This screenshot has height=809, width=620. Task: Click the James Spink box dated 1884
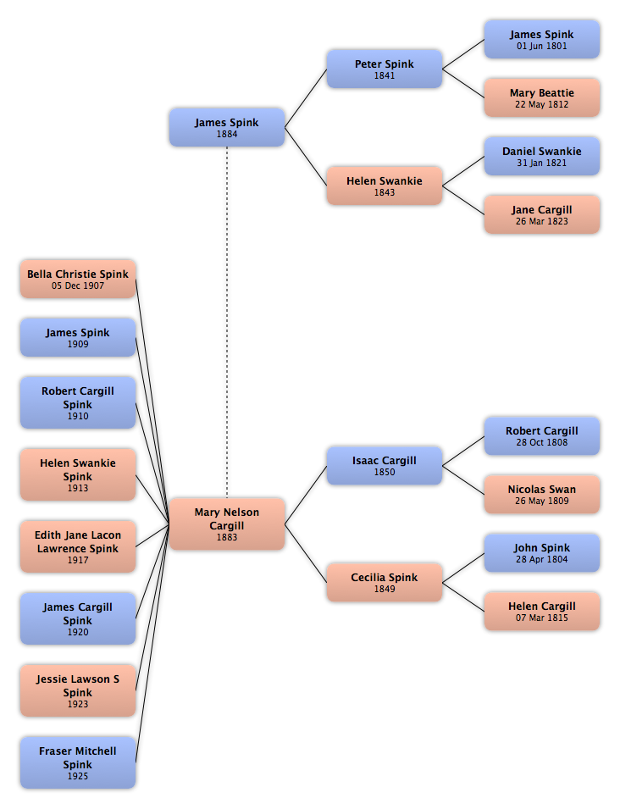(x=227, y=127)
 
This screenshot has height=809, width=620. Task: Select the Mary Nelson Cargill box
(x=227, y=524)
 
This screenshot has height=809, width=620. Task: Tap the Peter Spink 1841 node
(x=385, y=69)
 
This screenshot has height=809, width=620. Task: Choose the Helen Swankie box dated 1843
(x=385, y=186)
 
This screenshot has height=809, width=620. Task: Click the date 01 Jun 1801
(x=541, y=46)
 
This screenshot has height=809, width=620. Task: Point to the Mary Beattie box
(x=541, y=98)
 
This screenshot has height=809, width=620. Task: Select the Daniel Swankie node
(x=541, y=157)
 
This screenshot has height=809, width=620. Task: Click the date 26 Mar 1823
(x=541, y=221)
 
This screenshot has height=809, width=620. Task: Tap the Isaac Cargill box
(x=385, y=465)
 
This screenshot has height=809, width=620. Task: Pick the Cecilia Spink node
(x=385, y=583)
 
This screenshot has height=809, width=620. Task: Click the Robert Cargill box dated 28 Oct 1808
(x=541, y=436)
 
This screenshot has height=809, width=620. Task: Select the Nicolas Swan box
(x=541, y=494)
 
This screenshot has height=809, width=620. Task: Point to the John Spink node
(x=541, y=553)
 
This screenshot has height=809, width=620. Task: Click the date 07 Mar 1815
(x=541, y=618)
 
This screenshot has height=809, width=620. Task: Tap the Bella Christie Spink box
(x=78, y=279)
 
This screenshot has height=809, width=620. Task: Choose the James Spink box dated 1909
(x=78, y=337)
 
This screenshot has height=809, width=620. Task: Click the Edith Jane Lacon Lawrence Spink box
(x=78, y=546)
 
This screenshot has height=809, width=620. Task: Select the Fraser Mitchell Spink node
(x=78, y=762)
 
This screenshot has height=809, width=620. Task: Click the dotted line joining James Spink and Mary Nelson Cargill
(x=227, y=322)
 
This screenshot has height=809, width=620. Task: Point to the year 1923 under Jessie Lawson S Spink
(x=78, y=704)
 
